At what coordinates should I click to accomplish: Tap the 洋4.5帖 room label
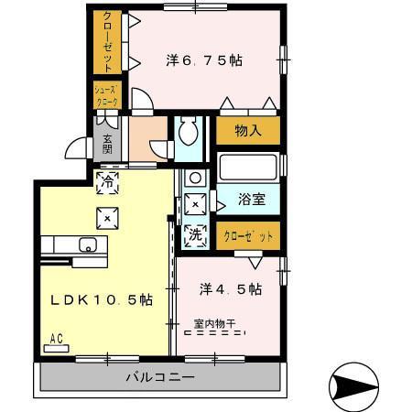click(x=231, y=288)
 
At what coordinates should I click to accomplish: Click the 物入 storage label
click(x=248, y=131)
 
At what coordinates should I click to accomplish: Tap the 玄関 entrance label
click(x=107, y=144)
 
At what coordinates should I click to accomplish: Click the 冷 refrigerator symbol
click(x=107, y=181)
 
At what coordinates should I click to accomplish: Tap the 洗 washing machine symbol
click(x=195, y=233)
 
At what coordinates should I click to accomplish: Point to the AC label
click(x=56, y=338)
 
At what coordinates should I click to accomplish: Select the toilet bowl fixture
click(x=190, y=134)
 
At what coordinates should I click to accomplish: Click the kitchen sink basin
click(x=89, y=244)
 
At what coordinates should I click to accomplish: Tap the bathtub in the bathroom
click(x=248, y=168)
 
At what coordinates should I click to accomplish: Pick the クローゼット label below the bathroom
click(x=248, y=236)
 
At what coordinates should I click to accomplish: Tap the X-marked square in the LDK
click(x=107, y=218)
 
